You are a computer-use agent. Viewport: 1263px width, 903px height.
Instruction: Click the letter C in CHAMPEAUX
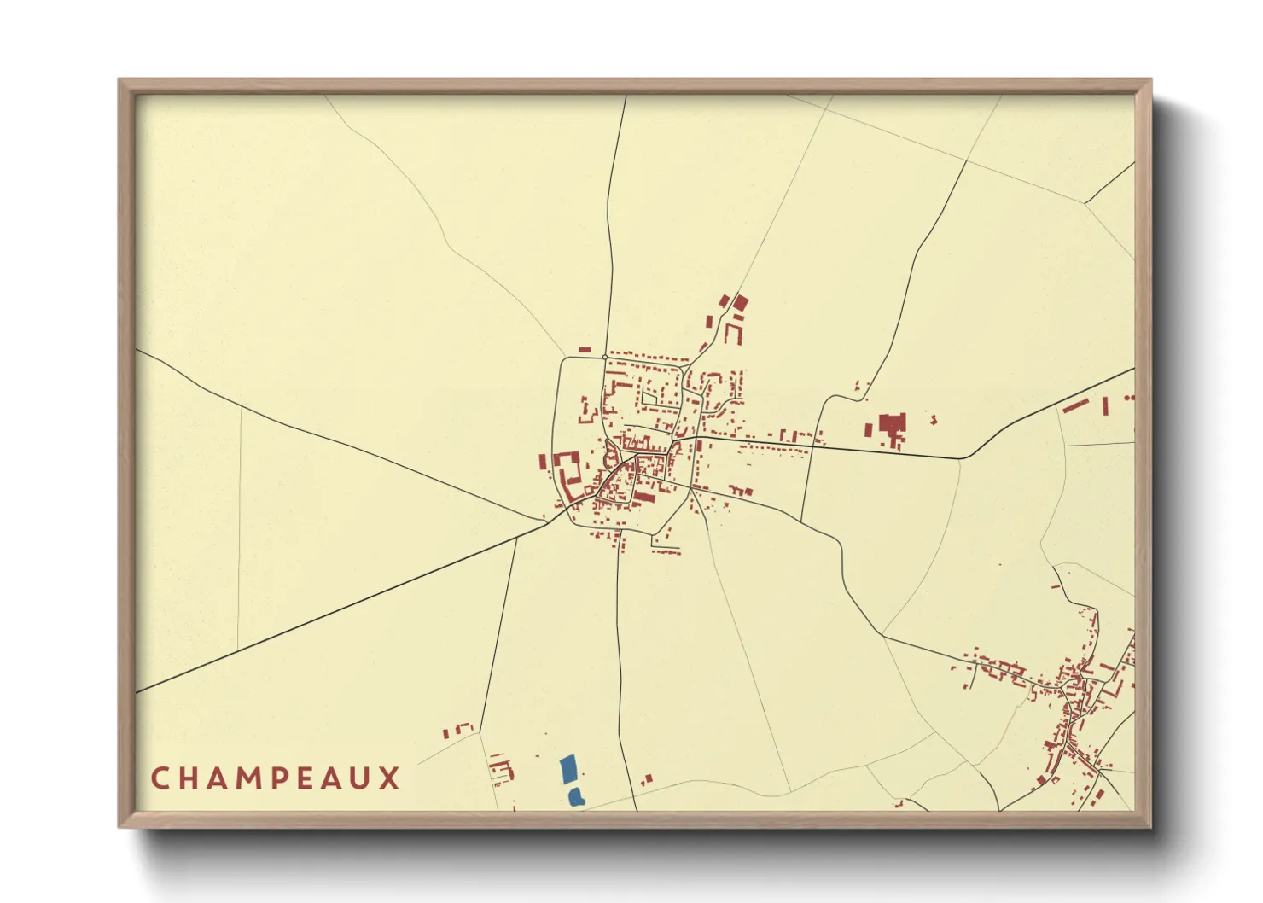point(159,778)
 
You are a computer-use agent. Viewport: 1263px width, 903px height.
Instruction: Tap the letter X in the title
point(390,778)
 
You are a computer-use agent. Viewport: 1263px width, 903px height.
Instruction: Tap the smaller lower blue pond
point(576,797)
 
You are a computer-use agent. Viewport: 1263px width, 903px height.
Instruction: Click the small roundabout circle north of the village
point(604,357)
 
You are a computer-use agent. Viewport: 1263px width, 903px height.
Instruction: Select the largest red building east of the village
point(892,426)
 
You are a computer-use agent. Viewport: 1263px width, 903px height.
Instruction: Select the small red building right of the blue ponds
point(647,779)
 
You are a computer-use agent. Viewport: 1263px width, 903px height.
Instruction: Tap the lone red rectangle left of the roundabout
point(585,349)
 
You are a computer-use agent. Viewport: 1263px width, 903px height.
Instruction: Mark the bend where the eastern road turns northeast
point(962,458)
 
